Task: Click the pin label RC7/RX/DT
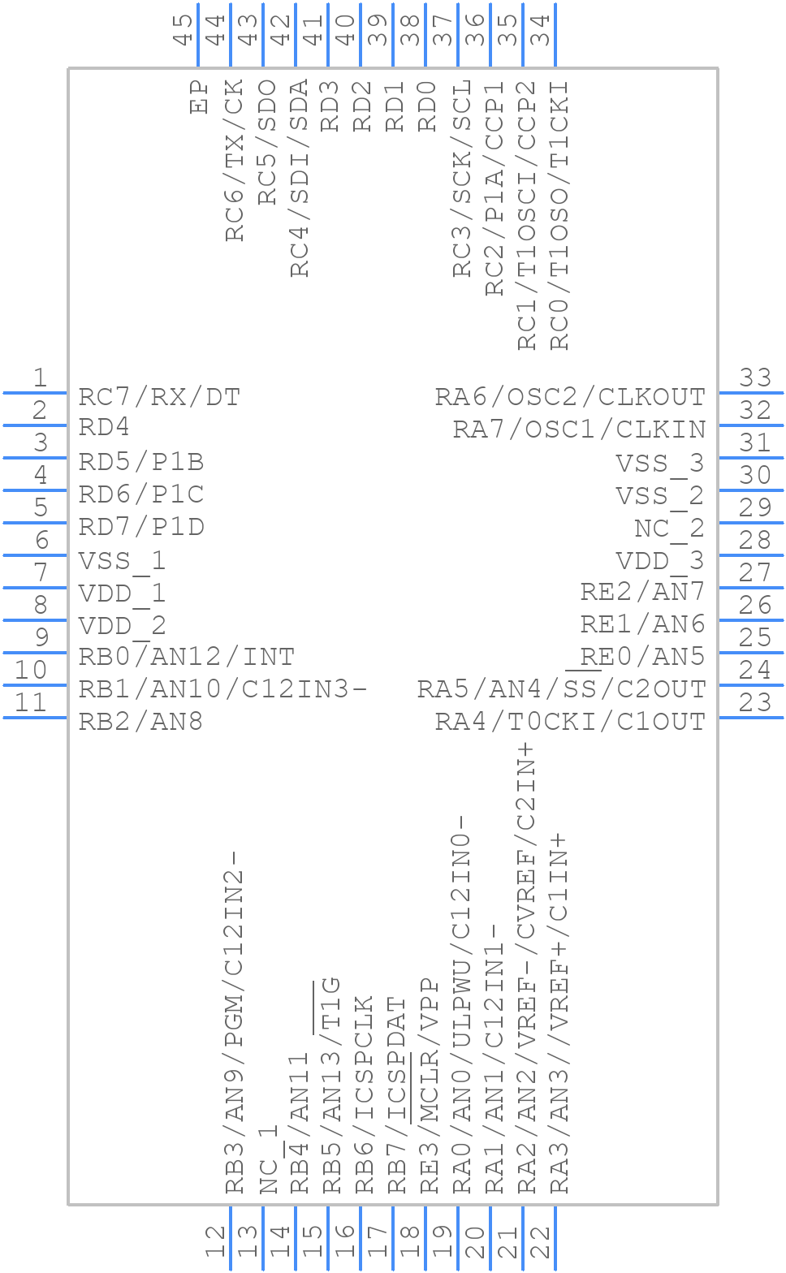[x=159, y=397]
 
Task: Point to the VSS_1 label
[x=122, y=561]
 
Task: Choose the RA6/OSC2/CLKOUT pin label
[x=570, y=397]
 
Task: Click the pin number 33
[x=755, y=378]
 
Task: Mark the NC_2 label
[x=669, y=529]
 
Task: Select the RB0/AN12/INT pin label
[x=186, y=657]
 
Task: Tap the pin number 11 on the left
[x=31, y=702]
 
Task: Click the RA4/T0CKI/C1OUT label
[x=570, y=722]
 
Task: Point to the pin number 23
[x=755, y=702]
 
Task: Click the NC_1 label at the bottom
[x=269, y=1159]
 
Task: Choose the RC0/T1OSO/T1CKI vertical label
[x=560, y=215]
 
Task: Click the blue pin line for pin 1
[x=36, y=393]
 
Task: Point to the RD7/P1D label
[x=141, y=527]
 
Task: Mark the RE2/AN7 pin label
[x=642, y=592]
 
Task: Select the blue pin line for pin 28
[x=750, y=555]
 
